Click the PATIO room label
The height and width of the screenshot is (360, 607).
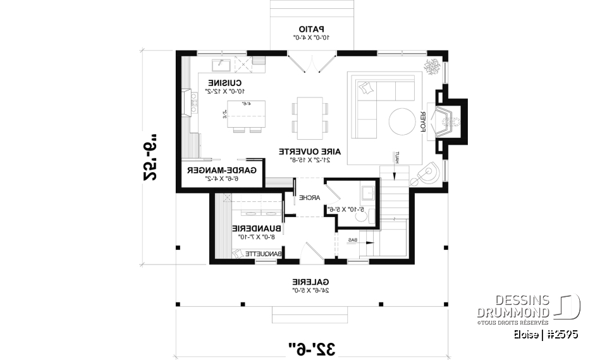tap(311, 28)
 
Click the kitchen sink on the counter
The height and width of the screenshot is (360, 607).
tap(222, 63)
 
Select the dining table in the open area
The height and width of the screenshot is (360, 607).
tap(310, 118)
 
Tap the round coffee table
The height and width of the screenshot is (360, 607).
tap(402, 121)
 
